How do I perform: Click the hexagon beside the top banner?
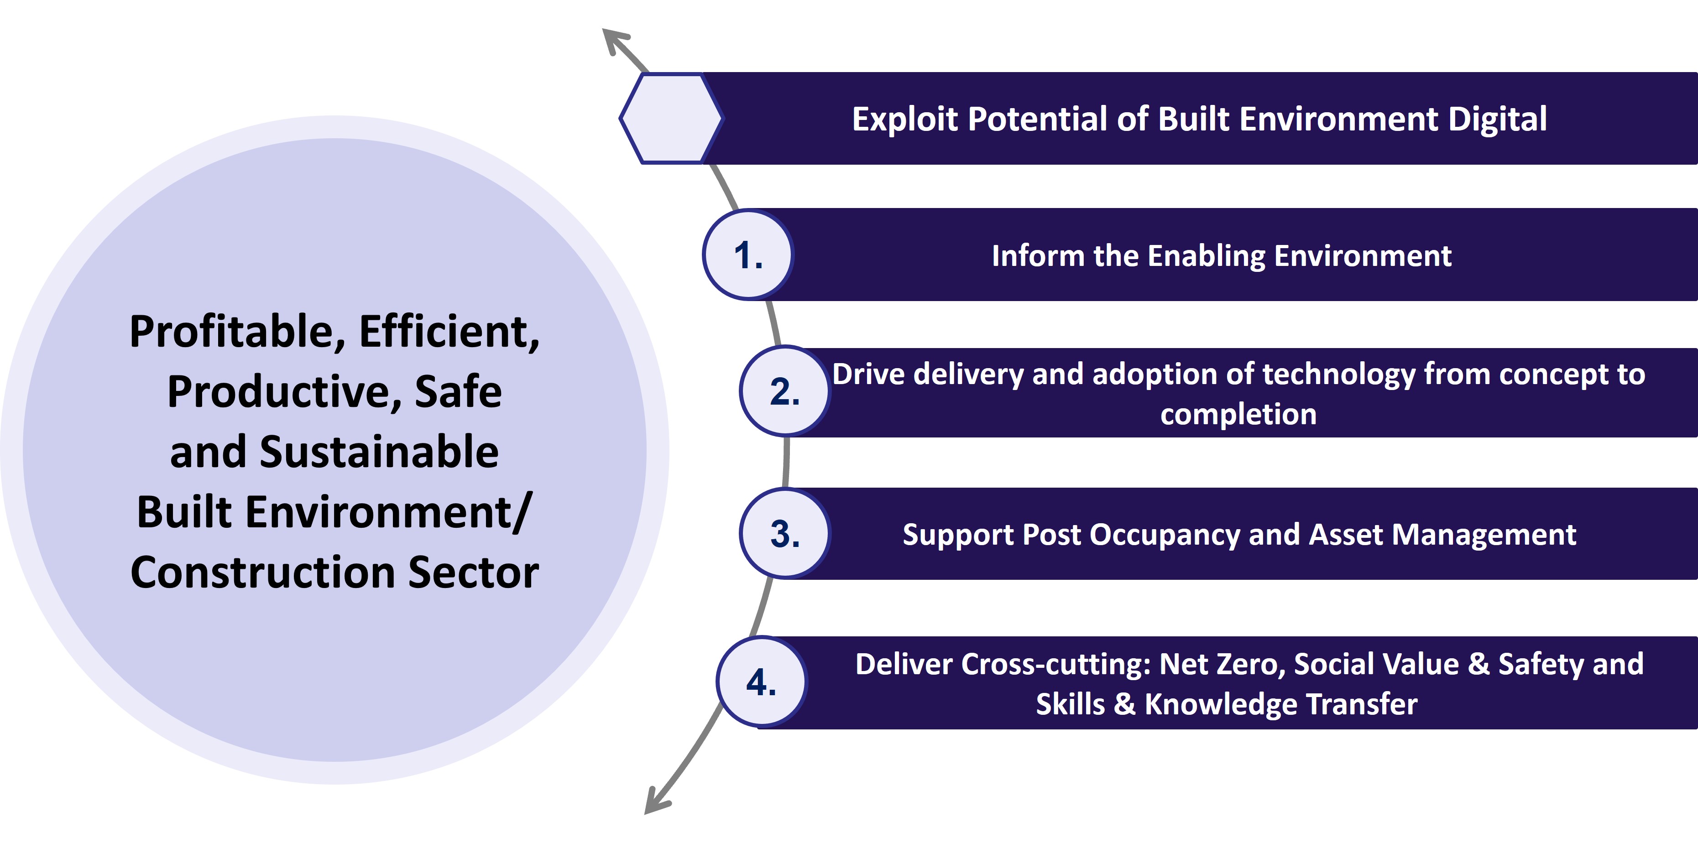click(x=671, y=118)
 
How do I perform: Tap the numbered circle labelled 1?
click(x=748, y=255)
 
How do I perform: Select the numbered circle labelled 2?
click(x=784, y=391)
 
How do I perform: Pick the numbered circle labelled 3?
click(x=784, y=533)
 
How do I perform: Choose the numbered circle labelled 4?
click(x=761, y=682)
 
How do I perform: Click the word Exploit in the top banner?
click(x=904, y=120)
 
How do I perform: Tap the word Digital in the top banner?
click(x=1497, y=120)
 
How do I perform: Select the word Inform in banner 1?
click(x=1038, y=256)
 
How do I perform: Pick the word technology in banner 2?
click(x=1339, y=375)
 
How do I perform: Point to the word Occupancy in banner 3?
click(x=1164, y=535)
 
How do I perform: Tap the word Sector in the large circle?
click(x=473, y=572)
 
